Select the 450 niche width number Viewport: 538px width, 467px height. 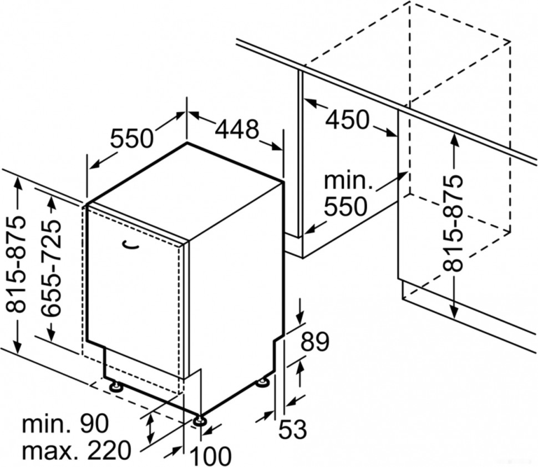(x=347, y=119)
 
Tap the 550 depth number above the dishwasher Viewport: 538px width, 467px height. (x=131, y=138)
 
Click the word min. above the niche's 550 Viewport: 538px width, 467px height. (x=347, y=181)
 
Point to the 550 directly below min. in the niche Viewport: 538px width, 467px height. (x=346, y=206)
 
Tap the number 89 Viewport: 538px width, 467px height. (x=314, y=342)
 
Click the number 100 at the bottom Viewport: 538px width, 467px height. (x=210, y=456)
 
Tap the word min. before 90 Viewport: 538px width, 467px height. (x=44, y=424)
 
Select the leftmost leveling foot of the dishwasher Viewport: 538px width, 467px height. (x=116, y=387)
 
